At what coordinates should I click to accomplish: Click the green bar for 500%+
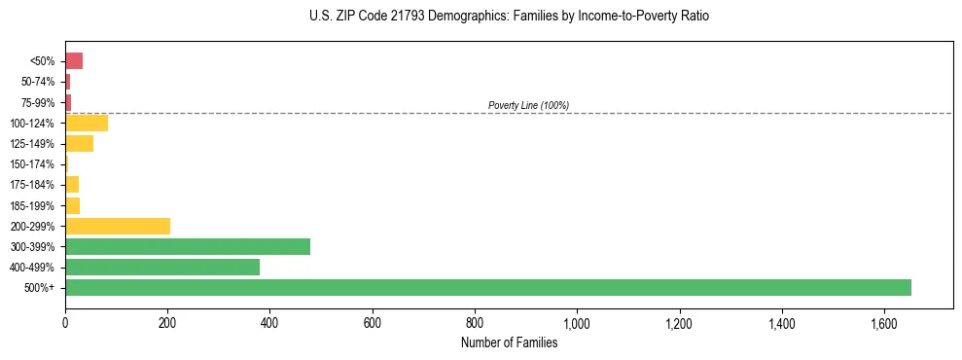487,287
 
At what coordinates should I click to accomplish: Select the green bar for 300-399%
188,246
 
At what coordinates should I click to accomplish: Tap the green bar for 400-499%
162,267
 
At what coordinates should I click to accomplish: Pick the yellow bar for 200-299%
118,226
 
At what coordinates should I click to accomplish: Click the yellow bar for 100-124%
87,123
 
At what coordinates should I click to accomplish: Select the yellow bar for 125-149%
79,144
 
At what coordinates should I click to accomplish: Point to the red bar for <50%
74,61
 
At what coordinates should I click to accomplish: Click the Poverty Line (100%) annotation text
528,105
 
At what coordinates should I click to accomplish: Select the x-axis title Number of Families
509,342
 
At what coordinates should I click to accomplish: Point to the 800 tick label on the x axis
475,322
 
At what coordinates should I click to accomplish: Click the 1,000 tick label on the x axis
577,322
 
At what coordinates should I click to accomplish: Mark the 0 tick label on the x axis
65,322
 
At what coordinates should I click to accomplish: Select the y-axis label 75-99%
39,103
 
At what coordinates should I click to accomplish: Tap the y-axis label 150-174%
33,164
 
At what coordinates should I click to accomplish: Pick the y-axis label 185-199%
33,205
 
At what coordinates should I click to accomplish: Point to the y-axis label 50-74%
39,82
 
